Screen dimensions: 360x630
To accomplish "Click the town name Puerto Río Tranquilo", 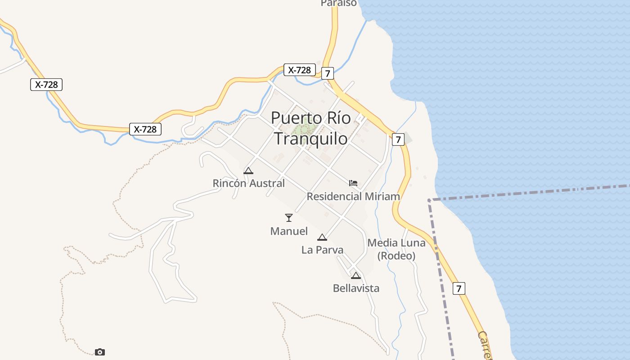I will coord(310,128).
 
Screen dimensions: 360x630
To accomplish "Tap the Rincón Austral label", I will coord(248,183).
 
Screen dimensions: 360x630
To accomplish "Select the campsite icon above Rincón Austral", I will coord(248,171).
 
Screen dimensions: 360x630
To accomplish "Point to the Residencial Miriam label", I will coord(353,196).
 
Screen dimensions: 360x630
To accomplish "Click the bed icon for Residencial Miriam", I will coord(353,183).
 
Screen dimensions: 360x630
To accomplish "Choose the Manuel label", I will coord(289,231).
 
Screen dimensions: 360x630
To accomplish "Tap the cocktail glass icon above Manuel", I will coord(289,218).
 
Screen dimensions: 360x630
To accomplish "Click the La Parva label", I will coord(322,250).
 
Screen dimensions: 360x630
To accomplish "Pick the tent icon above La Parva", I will coord(322,237).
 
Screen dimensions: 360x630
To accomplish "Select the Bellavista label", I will coord(356,288).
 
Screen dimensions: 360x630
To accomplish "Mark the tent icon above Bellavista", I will coord(356,275).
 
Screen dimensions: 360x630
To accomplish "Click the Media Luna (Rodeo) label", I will coord(396,249).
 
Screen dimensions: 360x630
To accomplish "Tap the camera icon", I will coord(100,352).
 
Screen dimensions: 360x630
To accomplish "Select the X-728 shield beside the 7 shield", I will coord(299,70).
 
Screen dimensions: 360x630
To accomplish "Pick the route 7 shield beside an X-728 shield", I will coord(327,73).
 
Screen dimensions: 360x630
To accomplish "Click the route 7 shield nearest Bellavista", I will coord(459,288).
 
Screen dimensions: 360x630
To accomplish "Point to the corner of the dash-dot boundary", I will coord(429,200).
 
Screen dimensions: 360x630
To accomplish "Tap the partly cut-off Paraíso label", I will coord(338,3).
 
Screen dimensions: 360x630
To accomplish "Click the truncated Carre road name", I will coord(484,346).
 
